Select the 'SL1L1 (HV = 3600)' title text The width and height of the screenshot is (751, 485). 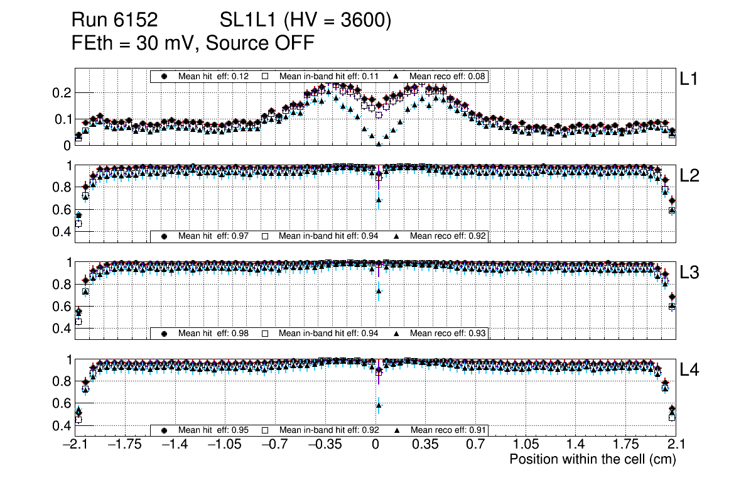click(305, 21)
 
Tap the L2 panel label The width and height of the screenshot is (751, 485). click(689, 176)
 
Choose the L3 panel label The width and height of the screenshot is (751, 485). click(689, 273)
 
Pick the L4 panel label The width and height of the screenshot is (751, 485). click(689, 370)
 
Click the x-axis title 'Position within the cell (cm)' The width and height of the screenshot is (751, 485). click(592, 459)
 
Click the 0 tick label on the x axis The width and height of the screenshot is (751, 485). click(375, 445)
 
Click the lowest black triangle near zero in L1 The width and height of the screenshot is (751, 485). click(379, 143)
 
